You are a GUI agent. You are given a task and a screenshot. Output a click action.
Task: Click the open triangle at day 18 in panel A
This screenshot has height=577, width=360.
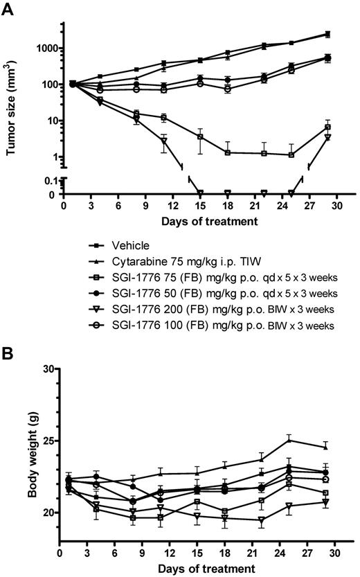227,193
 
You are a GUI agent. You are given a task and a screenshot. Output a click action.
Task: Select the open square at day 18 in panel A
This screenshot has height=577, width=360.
227,152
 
